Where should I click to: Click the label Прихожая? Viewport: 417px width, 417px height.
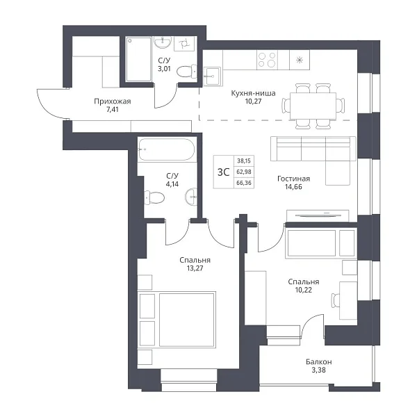point(112,101)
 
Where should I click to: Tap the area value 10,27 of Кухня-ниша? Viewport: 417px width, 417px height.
point(253,101)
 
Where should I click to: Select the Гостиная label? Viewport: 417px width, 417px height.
point(293,179)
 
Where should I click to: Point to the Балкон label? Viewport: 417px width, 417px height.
point(318,361)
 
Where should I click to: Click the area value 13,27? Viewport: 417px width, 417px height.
point(195,268)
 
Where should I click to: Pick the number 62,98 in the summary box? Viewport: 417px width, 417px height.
point(244,172)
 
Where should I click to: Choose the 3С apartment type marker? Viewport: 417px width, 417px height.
point(223,172)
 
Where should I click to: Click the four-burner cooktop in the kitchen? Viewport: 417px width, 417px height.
point(268,60)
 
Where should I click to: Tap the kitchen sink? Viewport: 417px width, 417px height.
point(212,76)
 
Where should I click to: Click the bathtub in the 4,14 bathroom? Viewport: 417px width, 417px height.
point(167,149)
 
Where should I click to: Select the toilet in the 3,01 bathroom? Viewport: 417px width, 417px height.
point(187,72)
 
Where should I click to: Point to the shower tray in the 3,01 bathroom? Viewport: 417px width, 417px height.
point(138,59)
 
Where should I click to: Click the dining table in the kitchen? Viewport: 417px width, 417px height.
point(313,106)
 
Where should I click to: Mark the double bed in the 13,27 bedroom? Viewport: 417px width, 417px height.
point(177,320)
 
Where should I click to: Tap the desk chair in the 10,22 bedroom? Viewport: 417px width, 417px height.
point(335,300)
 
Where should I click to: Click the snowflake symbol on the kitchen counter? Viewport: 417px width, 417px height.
point(300,60)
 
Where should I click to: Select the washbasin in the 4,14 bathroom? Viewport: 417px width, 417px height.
point(192,197)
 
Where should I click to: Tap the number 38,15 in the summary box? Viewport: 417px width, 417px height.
point(244,161)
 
